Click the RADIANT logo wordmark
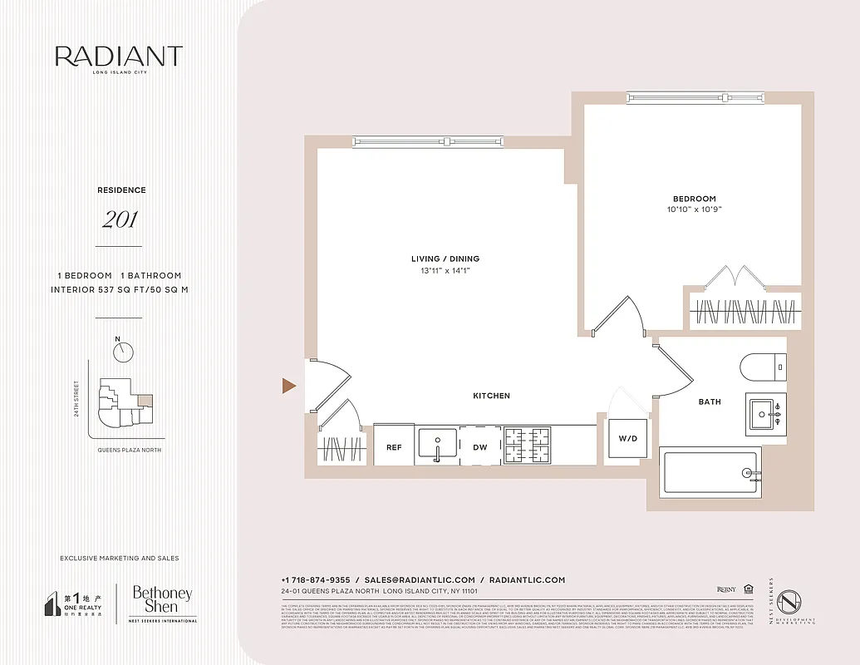[x=119, y=57]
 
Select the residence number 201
[x=120, y=220]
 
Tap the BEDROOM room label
[x=694, y=199]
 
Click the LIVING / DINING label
[x=445, y=259]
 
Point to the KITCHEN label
[x=491, y=396]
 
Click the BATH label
[x=710, y=401]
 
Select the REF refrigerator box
[x=394, y=447]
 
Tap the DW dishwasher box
[x=480, y=447]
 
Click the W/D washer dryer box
[x=627, y=438]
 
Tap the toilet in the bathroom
[x=762, y=365]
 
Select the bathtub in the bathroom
[x=709, y=474]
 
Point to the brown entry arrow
[x=288, y=385]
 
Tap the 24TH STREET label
[x=76, y=399]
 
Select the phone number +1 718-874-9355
[x=315, y=579]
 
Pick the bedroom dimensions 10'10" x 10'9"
[x=694, y=209]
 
